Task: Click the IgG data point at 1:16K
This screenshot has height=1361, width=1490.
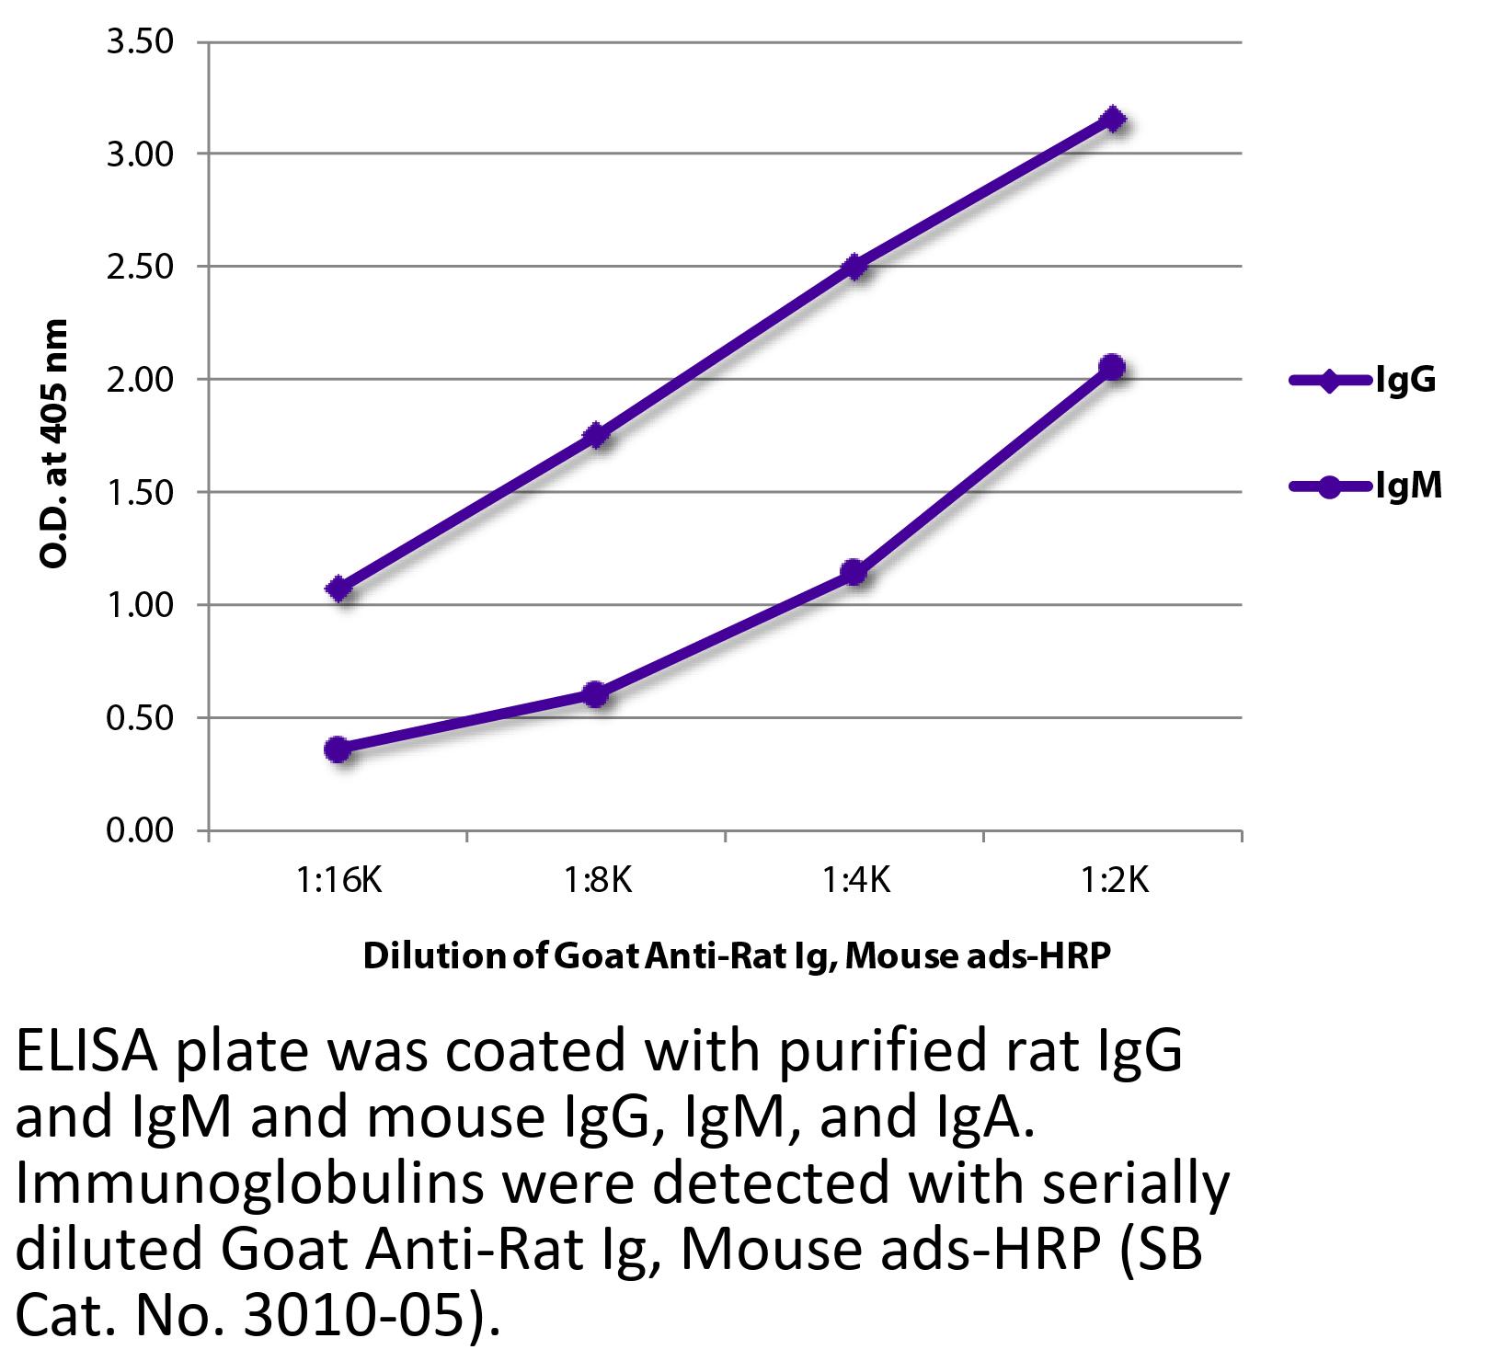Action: coord(338,589)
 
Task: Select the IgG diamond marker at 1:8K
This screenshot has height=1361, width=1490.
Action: coord(596,435)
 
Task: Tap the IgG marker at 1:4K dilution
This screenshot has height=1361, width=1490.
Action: coord(854,267)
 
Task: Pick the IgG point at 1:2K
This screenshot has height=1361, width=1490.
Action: coord(1113,119)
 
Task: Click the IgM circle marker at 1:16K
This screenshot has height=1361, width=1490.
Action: coord(338,749)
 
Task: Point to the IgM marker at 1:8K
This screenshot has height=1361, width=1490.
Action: coord(596,694)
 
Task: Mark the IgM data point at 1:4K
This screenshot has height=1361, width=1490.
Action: coord(854,573)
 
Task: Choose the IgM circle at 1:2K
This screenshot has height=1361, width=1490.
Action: coord(1112,367)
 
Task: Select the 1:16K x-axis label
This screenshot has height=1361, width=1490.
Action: coord(338,881)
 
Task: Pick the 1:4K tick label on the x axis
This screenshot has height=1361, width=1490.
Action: coord(854,881)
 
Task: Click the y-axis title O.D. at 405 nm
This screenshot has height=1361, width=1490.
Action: coord(54,443)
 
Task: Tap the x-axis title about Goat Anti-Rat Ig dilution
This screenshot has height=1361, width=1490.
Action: coord(737,956)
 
